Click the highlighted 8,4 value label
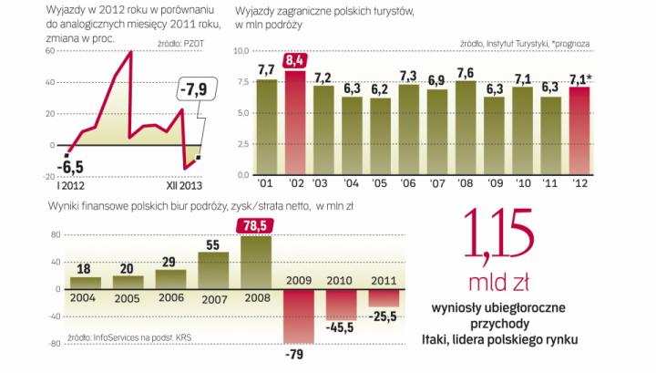293,61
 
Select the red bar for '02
293,123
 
